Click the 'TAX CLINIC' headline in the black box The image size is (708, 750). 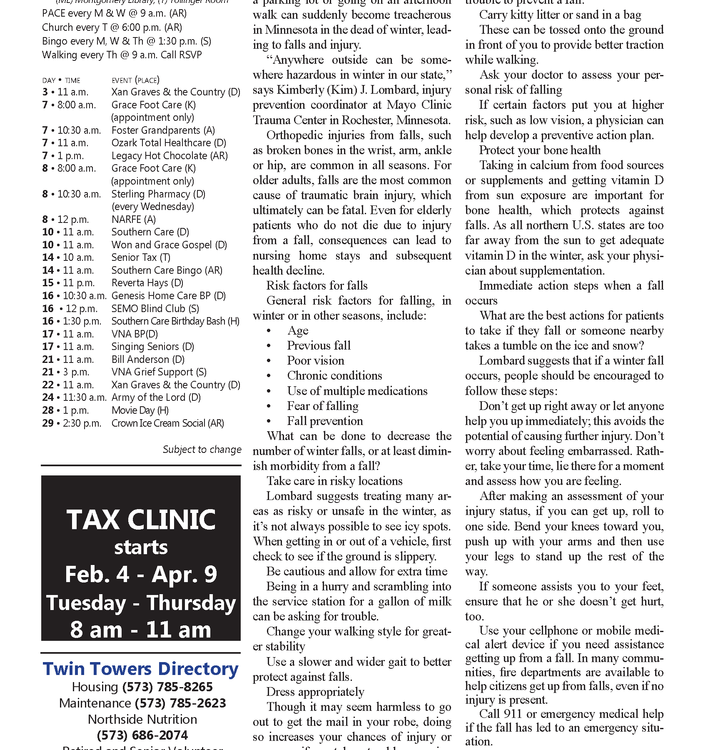[x=141, y=520]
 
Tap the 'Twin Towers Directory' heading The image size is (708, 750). [x=141, y=669]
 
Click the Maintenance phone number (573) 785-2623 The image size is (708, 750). [x=180, y=703]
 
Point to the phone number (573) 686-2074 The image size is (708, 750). [x=142, y=735]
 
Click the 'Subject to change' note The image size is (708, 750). [x=202, y=449]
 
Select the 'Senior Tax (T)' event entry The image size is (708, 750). [x=141, y=257]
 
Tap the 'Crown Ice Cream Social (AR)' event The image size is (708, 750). [x=167, y=423]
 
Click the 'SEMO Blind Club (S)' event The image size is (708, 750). [x=155, y=309]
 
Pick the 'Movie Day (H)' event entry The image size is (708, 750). [x=140, y=410]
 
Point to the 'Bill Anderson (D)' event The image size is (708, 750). [x=148, y=360]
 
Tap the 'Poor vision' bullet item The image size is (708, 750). [x=316, y=361]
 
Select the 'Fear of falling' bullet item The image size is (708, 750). [x=323, y=406]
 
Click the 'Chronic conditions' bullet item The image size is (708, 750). [x=334, y=376]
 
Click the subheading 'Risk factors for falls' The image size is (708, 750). [x=317, y=286]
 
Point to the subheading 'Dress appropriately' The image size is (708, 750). [x=315, y=692]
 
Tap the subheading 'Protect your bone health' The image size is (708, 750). [x=540, y=150]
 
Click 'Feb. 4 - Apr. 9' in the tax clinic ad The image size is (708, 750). [x=141, y=574]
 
